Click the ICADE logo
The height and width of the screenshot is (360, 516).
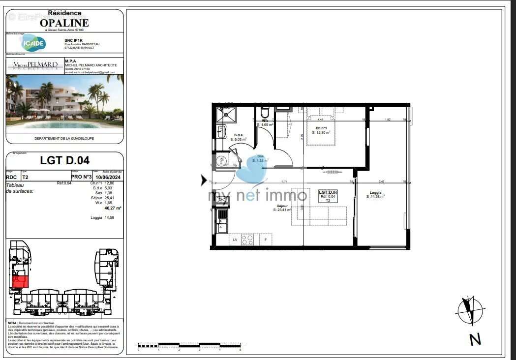pyautogui.click(x=33, y=43)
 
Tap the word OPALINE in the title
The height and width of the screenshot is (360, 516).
pyautogui.click(x=64, y=23)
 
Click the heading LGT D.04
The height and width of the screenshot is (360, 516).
pyautogui.click(x=64, y=160)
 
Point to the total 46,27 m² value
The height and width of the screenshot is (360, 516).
pyautogui.click(x=113, y=208)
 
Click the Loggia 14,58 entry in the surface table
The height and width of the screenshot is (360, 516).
pyautogui.click(x=103, y=217)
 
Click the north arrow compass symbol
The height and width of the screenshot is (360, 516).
pyautogui.click(x=471, y=312)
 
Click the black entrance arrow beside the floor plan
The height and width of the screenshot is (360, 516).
pyautogui.click(x=204, y=180)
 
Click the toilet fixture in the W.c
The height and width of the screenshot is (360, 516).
pyautogui.click(x=265, y=113)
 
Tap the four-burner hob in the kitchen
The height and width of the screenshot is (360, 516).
pyautogui.click(x=248, y=240)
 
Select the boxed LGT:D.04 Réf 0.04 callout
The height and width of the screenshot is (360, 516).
pyautogui.click(x=328, y=196)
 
